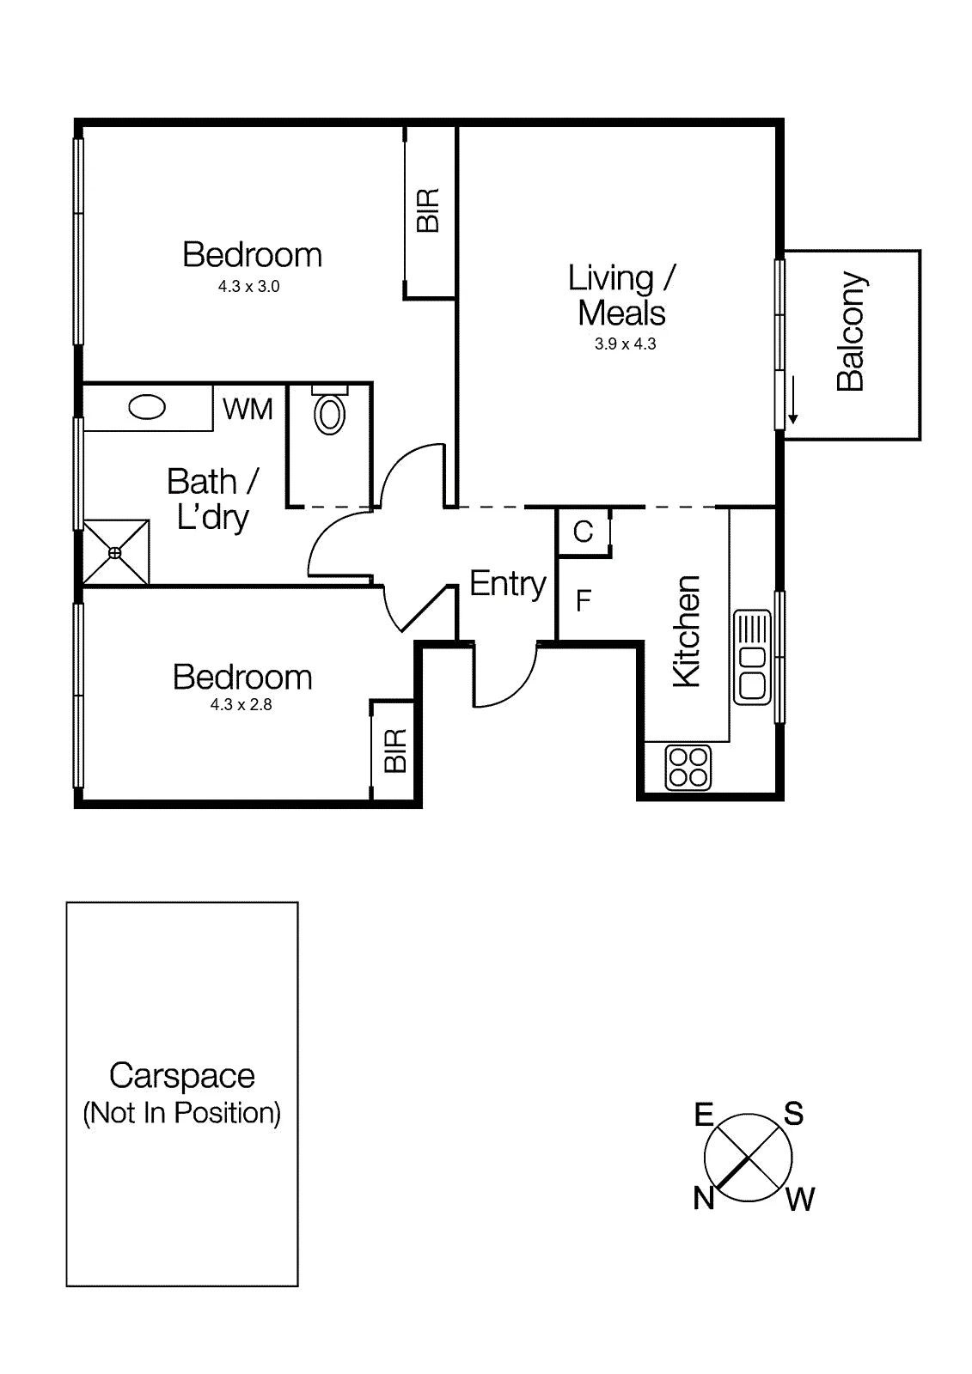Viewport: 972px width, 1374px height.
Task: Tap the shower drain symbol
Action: tap(115, 553)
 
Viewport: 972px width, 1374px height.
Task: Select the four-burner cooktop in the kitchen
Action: tap(688, 768)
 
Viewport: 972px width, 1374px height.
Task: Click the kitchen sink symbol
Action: tap(752, 657)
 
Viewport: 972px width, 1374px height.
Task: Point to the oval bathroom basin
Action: tap(147, 407)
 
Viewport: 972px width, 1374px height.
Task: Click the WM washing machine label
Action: tap(248, 409)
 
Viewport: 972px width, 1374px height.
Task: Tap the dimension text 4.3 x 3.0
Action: tap(248, 287)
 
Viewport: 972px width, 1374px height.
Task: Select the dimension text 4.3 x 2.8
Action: tap(241, 705)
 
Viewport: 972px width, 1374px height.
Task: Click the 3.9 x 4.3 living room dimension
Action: tap(625, 344)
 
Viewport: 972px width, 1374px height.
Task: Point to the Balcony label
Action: tap(852, 331)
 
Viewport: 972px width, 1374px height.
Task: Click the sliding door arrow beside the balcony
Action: tap(792, 400)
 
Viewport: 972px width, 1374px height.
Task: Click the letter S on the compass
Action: tap(793, 1113)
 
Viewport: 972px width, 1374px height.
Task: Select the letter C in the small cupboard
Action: tap(583, 532)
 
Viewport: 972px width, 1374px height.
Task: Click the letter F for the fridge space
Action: tap(584, 600)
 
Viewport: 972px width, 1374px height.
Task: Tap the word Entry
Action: tap(508, 584)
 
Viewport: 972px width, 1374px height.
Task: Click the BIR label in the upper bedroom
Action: tap(428, 210)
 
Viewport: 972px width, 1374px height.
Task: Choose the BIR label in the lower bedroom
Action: tap(395, 751)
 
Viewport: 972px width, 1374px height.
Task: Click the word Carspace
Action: tap(181, 1077)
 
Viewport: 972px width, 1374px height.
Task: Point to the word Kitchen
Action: tap(686, 631)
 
